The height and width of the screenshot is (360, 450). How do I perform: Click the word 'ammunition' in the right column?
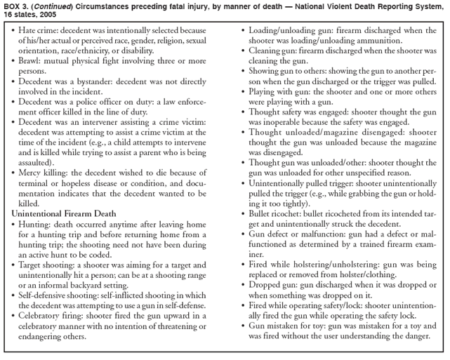[x=371, y=41]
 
